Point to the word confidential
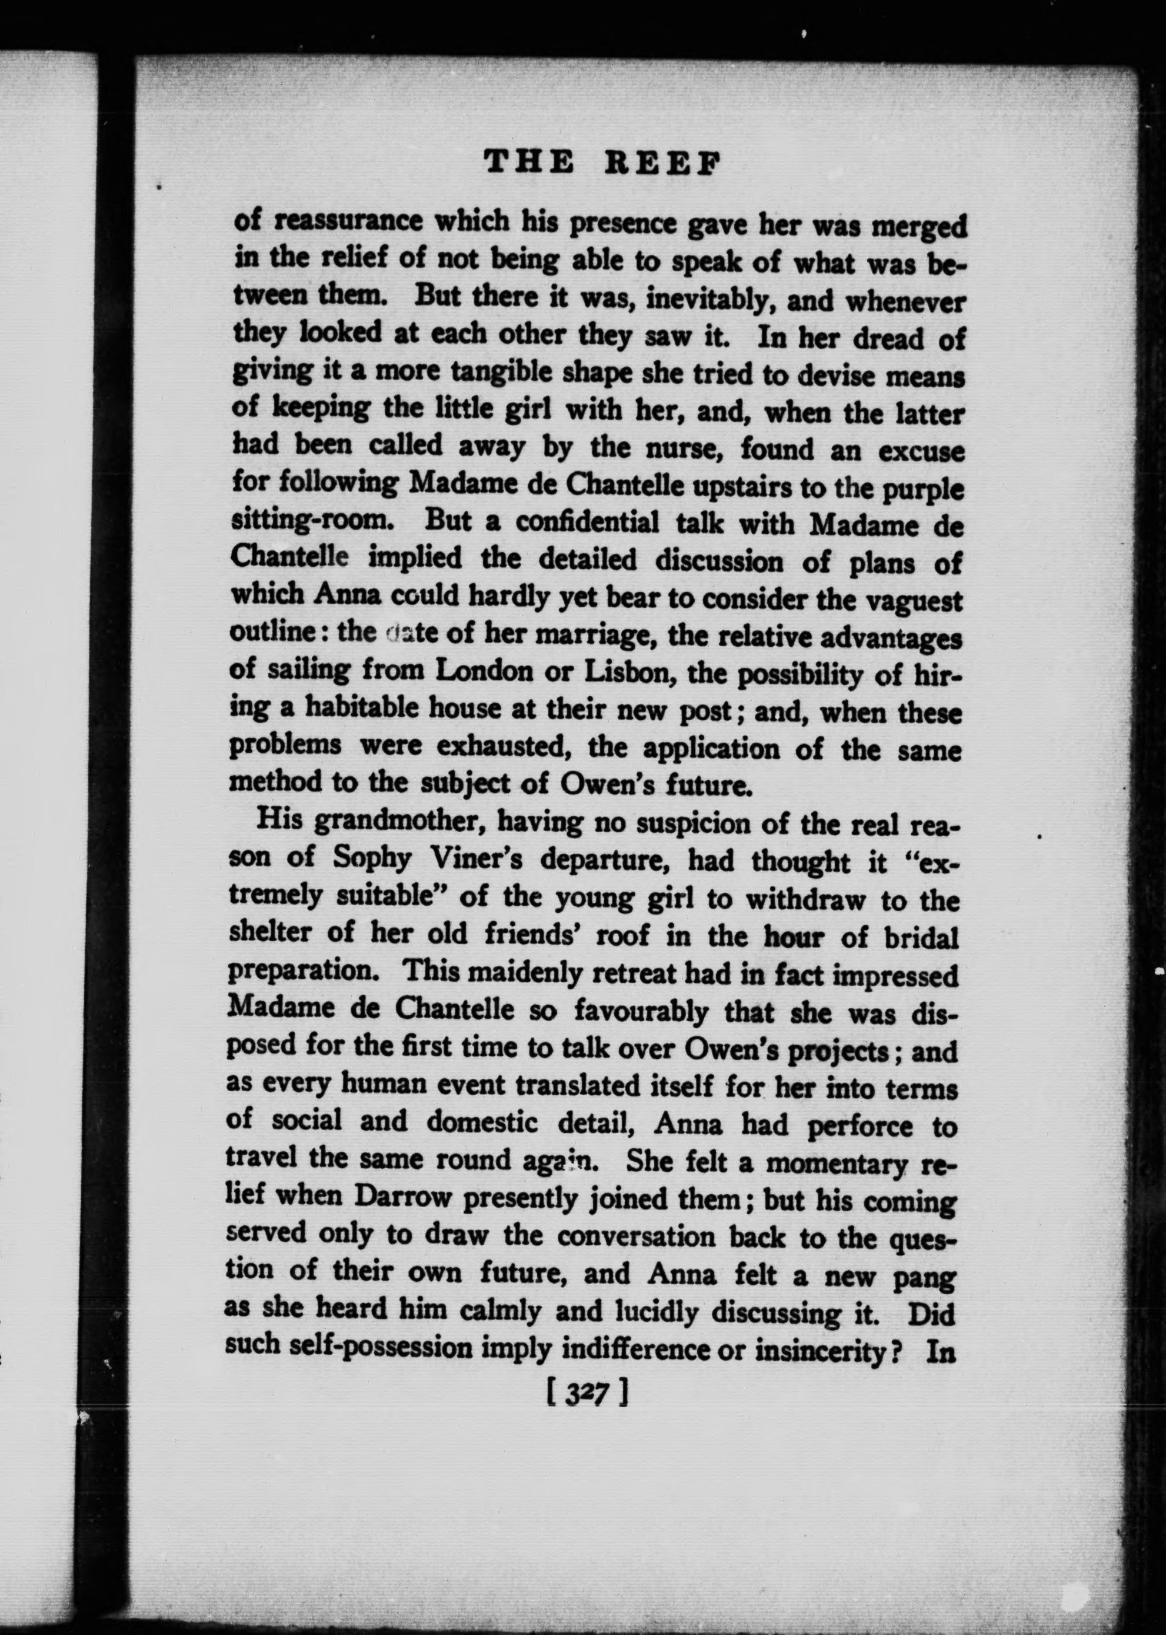pyautogui.click(x=587, y=523)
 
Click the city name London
pyautogui.click(x=484, y=671)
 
